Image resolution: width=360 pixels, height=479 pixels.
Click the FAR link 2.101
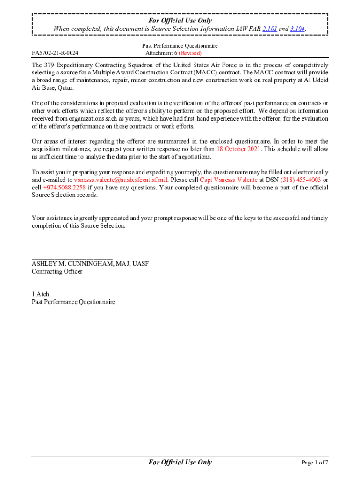click(270, 29)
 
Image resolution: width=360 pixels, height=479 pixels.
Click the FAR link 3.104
click(297, 29)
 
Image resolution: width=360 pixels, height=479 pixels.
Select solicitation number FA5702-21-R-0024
click(55, 53)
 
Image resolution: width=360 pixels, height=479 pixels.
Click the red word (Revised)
click(188, 53)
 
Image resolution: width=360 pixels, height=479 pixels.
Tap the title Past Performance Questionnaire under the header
click(180, 46)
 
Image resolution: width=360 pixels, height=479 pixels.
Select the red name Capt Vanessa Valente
click(228, 180)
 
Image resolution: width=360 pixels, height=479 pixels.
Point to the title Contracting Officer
click(57, 272)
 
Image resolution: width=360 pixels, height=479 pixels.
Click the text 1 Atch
click(40, 294)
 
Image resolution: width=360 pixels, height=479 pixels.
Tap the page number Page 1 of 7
click(315, 463)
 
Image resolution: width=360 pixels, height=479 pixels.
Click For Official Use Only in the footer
click(180, 463)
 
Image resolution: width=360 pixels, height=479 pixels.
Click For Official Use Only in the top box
click(180, 21)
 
